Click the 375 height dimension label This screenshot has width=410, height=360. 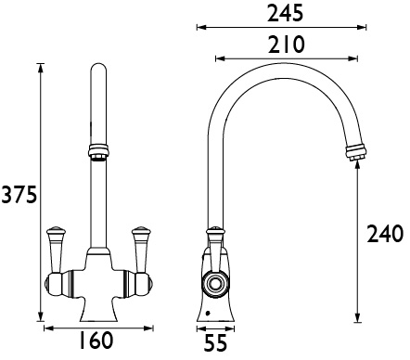[x=19, y=196]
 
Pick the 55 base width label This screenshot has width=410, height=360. [x=216, y=344]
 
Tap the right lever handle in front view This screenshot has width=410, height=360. [x=142, y=242]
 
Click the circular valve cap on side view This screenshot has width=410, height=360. [x=215, y=282]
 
